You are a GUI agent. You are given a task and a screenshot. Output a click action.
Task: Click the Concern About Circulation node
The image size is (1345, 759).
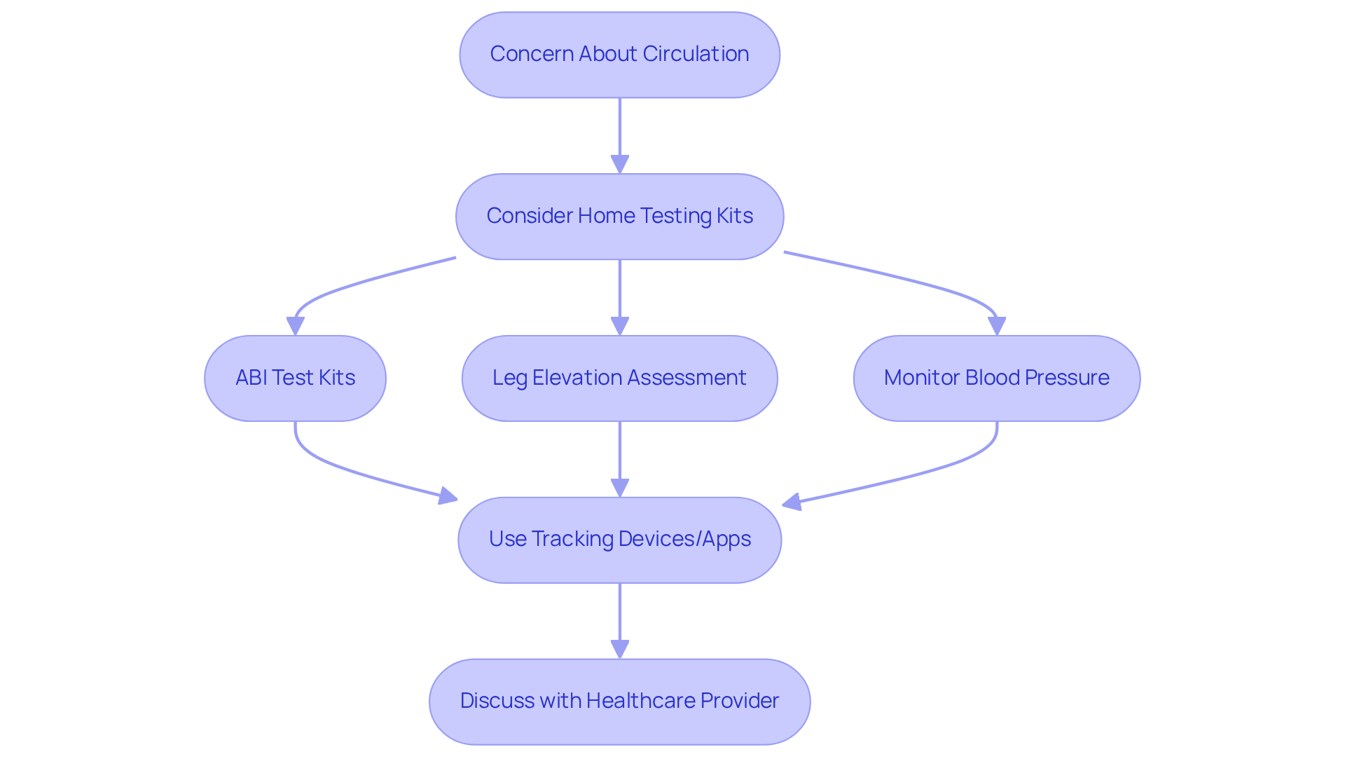[619, 55]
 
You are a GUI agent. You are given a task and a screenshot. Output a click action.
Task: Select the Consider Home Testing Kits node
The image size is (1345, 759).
[619, 217]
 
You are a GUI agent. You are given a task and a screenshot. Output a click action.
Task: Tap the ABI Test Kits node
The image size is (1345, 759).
[295, 378]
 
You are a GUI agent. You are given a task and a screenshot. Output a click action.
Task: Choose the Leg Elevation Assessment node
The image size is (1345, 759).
[619, 378]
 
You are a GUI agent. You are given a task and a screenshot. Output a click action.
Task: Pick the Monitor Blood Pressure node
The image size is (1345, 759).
[996, 378]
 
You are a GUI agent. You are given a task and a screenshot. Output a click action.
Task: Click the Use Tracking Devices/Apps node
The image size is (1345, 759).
[619, 540]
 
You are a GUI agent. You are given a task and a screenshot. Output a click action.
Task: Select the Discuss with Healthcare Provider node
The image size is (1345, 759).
[619, 702]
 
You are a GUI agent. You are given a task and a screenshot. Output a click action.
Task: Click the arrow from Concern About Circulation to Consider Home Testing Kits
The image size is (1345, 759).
[619, 133]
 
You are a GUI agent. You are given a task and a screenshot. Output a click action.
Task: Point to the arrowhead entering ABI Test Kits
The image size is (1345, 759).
[295, 327]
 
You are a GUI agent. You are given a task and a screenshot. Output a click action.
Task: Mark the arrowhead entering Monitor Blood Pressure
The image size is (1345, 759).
[996, 327]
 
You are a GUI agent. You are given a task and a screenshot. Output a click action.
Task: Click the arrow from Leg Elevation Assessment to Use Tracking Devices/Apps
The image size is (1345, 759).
[619, 456]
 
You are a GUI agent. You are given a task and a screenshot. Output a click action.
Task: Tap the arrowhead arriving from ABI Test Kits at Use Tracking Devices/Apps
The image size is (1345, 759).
[448, 497]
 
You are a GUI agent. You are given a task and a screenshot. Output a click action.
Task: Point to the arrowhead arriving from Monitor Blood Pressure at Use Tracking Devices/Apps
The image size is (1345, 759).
[792, 502]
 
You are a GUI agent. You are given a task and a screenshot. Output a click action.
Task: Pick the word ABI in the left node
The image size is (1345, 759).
[251, 378]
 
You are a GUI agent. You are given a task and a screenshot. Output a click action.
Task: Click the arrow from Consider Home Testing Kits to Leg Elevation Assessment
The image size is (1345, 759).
[619, 294]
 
